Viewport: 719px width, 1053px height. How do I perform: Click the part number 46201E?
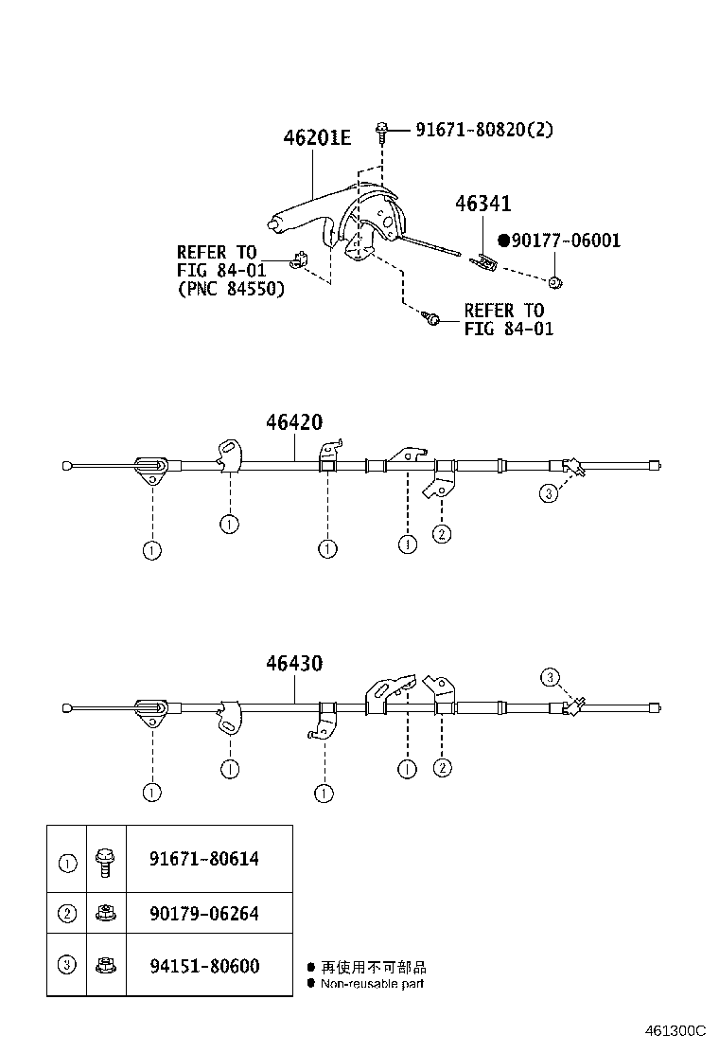317,137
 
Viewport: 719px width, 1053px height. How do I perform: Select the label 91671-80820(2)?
484,129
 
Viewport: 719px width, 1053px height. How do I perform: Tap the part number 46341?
482,204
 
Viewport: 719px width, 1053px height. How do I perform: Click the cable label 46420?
294,421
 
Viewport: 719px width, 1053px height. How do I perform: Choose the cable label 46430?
294,663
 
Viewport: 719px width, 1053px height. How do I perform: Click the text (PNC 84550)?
231,289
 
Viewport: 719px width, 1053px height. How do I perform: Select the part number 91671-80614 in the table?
204,858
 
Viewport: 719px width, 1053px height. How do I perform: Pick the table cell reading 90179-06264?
204,913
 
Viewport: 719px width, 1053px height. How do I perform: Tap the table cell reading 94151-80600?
204,966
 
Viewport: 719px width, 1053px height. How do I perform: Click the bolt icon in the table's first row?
105,863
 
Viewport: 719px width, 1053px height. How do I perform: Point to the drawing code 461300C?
675,1031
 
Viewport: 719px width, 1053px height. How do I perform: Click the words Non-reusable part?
372,984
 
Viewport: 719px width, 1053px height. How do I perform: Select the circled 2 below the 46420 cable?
441,534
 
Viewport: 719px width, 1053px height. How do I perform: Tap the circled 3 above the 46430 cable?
550,677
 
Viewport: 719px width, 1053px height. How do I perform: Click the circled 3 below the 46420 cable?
549,494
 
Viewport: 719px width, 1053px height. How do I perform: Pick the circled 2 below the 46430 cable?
442,767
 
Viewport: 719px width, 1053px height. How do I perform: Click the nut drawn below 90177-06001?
554,282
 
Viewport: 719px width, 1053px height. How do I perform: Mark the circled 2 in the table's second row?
68,913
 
